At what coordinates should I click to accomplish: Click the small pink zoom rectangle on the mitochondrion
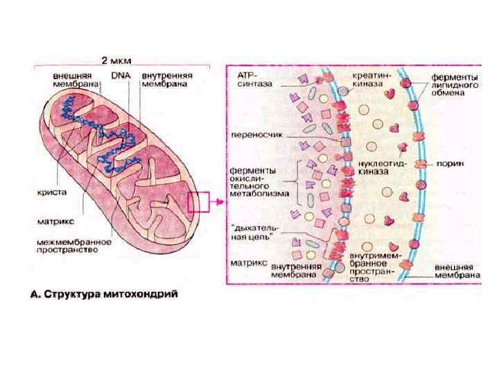[x=198, y=202]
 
